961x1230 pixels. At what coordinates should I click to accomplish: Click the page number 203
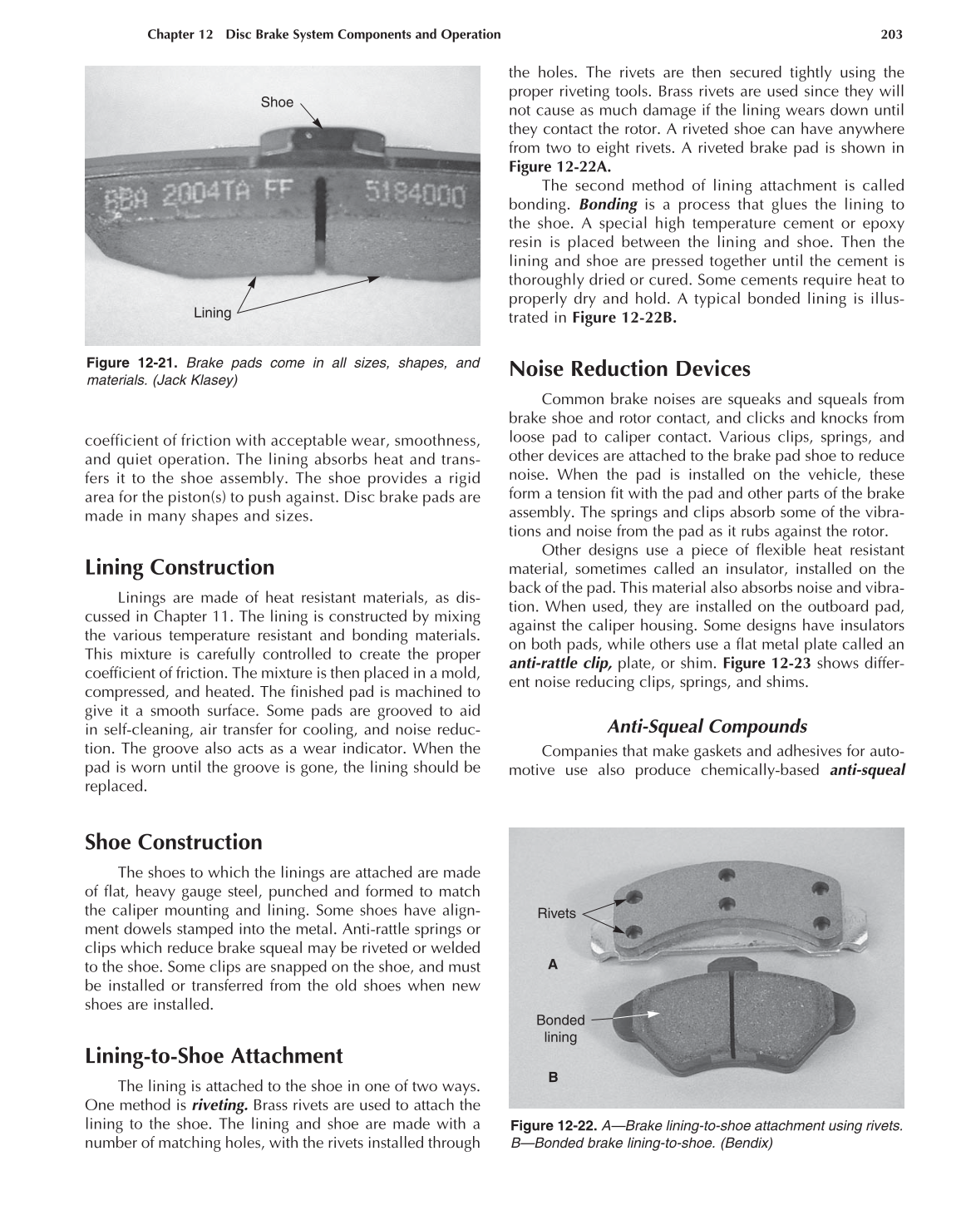[x=890, y=34]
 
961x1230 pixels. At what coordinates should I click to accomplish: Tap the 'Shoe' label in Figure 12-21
[x=277, y=102]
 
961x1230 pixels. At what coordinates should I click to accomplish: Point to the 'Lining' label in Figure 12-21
[x=212, y=313]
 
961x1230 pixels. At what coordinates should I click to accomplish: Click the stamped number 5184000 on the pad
[x=415, y=196]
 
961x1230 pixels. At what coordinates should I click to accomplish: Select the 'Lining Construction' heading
[x=180, y=567]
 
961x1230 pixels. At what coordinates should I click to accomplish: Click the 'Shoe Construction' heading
[x=173, y=842]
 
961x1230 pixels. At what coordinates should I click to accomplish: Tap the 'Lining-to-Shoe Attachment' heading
[x=214, y=1055]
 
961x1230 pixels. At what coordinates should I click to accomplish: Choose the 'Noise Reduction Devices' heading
[x=628, y=368]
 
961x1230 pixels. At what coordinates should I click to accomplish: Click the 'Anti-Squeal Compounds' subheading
[x=707, y=726]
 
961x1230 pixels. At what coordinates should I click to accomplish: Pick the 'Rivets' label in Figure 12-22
[x=556, y=913]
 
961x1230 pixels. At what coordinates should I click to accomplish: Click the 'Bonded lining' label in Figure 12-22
[x=560, y=1029]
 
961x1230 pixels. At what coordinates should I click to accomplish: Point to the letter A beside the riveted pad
[x=552, y=965]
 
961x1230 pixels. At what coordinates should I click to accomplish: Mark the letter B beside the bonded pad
[x=553, y=1077]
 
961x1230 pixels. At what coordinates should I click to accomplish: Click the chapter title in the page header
[x=323, y=34]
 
